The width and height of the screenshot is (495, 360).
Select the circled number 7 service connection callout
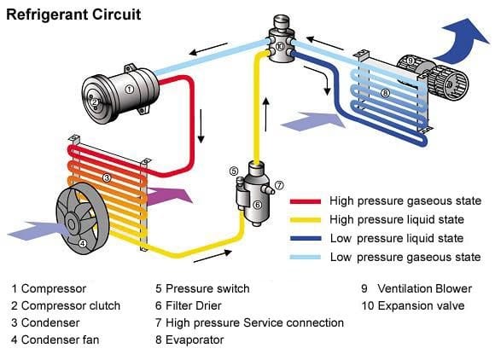[x=279, y=185]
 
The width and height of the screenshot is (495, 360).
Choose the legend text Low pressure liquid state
[x=396, y=239]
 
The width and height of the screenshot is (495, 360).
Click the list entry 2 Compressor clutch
[x=67, y=305]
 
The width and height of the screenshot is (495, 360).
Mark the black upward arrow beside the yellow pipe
[x=266, y=110]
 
